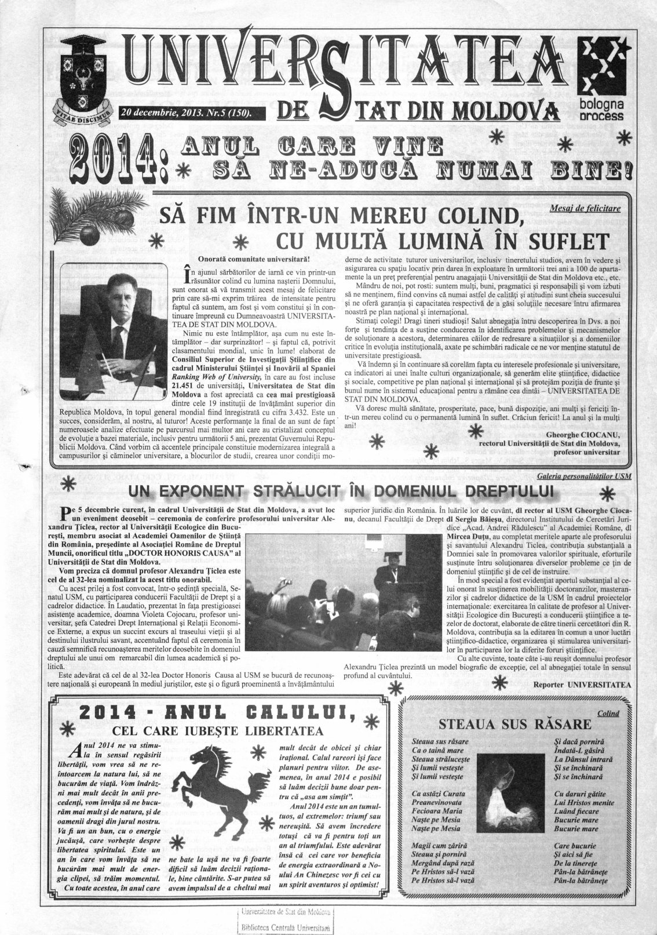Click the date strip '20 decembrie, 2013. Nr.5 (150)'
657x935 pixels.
pos(187,112)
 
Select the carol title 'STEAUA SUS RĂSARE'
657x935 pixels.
pos(515,724)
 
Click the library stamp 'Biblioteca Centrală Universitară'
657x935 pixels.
pos(287,927)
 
